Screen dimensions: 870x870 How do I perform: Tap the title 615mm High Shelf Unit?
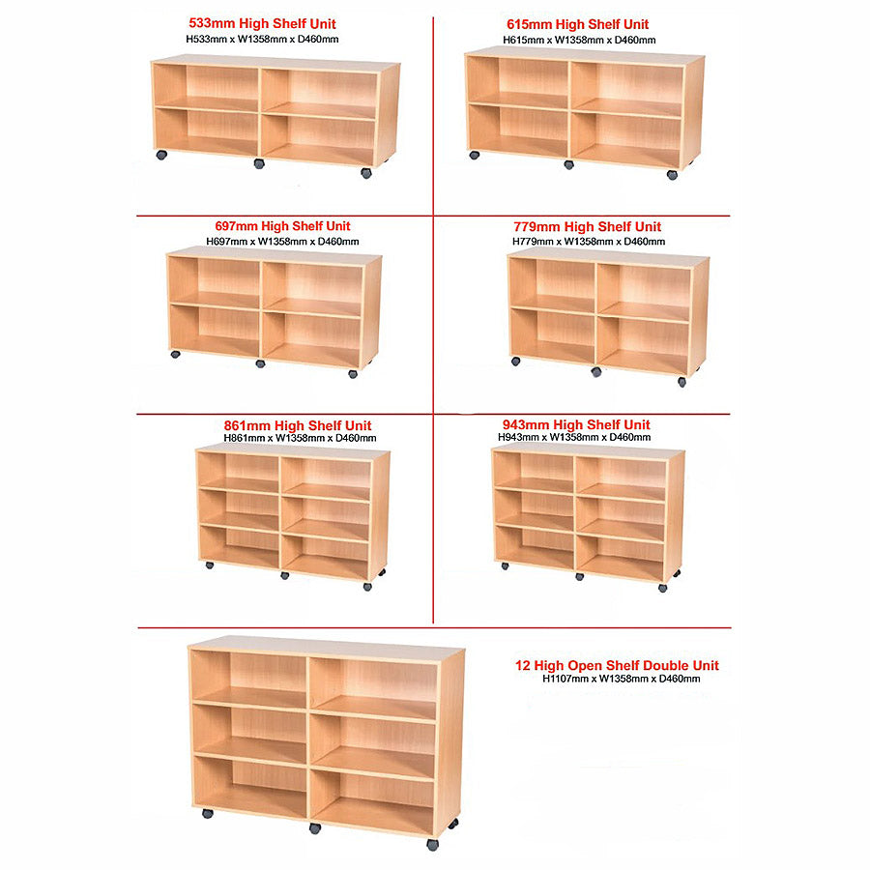(x=578, y=24)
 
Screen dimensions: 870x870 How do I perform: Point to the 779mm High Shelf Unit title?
(x=587, y=227)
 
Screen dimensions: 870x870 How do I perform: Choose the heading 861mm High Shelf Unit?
(x=297, y=425)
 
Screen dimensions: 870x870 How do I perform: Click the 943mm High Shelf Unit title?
(x=576, y=424)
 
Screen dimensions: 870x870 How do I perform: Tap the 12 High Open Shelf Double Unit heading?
(x=617, y=665)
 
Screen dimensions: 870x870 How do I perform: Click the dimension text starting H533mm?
(x=262, y=39)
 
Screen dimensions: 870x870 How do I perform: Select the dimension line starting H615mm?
(x=579, y=40)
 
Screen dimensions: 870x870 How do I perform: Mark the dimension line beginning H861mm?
(x=298, y=438)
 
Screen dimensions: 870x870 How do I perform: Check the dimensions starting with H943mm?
(x=574, y=437)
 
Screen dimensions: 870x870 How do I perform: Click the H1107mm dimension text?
(x=621, y=679)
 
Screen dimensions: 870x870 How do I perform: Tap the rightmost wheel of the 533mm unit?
(x=366, y=173)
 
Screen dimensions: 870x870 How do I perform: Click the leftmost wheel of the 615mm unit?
(x=475, y=155)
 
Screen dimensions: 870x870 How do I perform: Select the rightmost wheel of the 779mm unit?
(x=681, y=382)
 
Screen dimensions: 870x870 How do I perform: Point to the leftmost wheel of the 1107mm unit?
(x=208, y=814)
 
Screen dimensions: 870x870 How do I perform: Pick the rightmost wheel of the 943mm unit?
(x=662, y=587)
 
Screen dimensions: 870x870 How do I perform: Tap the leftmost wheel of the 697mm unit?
(x=176, y=354)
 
